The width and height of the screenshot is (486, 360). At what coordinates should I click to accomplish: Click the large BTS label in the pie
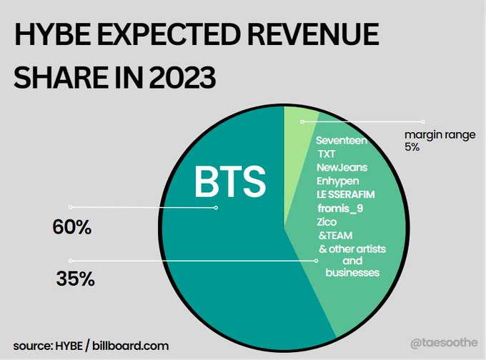[x=230, y=181]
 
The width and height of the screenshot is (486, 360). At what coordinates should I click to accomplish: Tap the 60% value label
[x=72, y=227]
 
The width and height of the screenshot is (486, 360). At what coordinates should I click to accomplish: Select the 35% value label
[x=75, y=279]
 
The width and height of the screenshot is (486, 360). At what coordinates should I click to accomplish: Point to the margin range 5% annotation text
[x=440, y=141]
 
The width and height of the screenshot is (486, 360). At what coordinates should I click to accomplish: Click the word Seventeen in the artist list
[x=341, y=141]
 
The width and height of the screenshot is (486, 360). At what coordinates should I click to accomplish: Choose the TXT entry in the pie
[x=327, y=154]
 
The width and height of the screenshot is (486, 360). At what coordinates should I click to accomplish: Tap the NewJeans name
[x=342, y=168]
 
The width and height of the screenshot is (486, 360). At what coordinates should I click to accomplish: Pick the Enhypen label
[x=337, y=181]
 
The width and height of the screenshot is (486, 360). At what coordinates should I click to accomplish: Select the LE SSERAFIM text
[x=346, y=194]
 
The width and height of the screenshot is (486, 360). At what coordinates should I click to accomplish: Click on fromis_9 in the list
[x=340, y=208]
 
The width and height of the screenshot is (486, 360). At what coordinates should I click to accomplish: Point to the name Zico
[x=327, y=222]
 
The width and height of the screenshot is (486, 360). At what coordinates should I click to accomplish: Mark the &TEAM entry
[x=335, y=236]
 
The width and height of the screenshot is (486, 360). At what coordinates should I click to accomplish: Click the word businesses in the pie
[x=352, y=273]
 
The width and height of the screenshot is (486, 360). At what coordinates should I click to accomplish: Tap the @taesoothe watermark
[x=444, y=343]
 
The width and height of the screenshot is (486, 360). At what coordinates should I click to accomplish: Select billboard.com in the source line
[x=131, y=346]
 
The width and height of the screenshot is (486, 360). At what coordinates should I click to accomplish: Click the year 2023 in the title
[x=182, y=77]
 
